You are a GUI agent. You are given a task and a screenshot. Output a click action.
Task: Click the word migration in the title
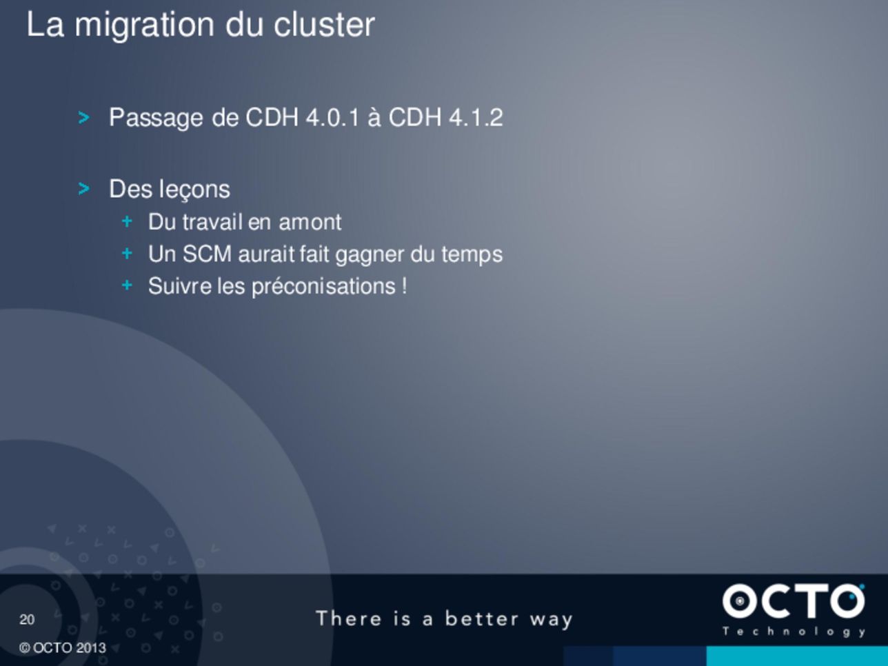[144, 26]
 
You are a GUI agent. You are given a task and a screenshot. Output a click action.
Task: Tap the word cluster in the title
[324, 25]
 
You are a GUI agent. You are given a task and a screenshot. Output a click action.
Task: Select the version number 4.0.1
[332, 118]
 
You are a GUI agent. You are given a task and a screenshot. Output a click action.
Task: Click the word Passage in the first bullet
[156, 119]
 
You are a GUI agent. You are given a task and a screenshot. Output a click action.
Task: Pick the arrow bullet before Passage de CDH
[83, 118]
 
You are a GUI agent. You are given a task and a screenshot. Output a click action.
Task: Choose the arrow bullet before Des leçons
[83, 188]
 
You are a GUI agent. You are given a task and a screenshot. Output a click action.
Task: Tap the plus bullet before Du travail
[127, 221]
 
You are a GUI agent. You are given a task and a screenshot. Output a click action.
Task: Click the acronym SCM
[207, 254]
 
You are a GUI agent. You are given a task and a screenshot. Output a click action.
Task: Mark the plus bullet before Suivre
[127, 285]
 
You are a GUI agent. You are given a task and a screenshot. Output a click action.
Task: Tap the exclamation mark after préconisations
[404, 286]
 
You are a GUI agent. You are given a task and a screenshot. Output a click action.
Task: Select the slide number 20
[27, 620]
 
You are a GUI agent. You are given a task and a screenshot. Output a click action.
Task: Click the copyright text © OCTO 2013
[62, 648]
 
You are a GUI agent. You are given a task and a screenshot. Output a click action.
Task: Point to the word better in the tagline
[482, 618]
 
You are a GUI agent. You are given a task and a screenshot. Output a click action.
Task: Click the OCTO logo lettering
[794, 601]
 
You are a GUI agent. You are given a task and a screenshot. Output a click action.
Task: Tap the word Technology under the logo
[794, 632]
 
